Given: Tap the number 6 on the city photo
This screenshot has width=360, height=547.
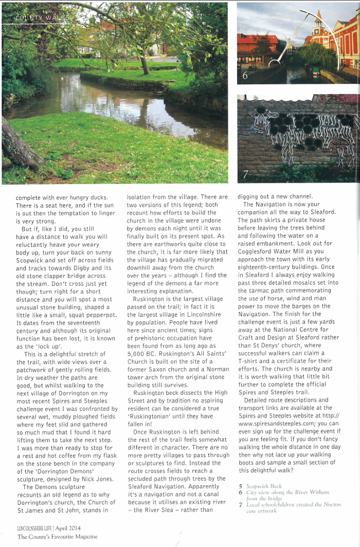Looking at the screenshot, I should pyautogui.click(x=245, y=76).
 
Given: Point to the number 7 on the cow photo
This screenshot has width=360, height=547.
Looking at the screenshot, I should pyautogui.click(x=245, y=174).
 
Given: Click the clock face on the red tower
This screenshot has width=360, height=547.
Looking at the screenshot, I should pyautogui.click(x=318, y=25).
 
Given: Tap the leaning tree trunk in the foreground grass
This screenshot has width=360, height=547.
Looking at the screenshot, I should pyautogui.click(x=21, y=147).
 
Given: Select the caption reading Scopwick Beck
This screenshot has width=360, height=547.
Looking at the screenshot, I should pyautogui.click(x=264, y=485).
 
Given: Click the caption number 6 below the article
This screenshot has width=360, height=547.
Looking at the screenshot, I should pyautogui.click(x=240, y=492).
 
